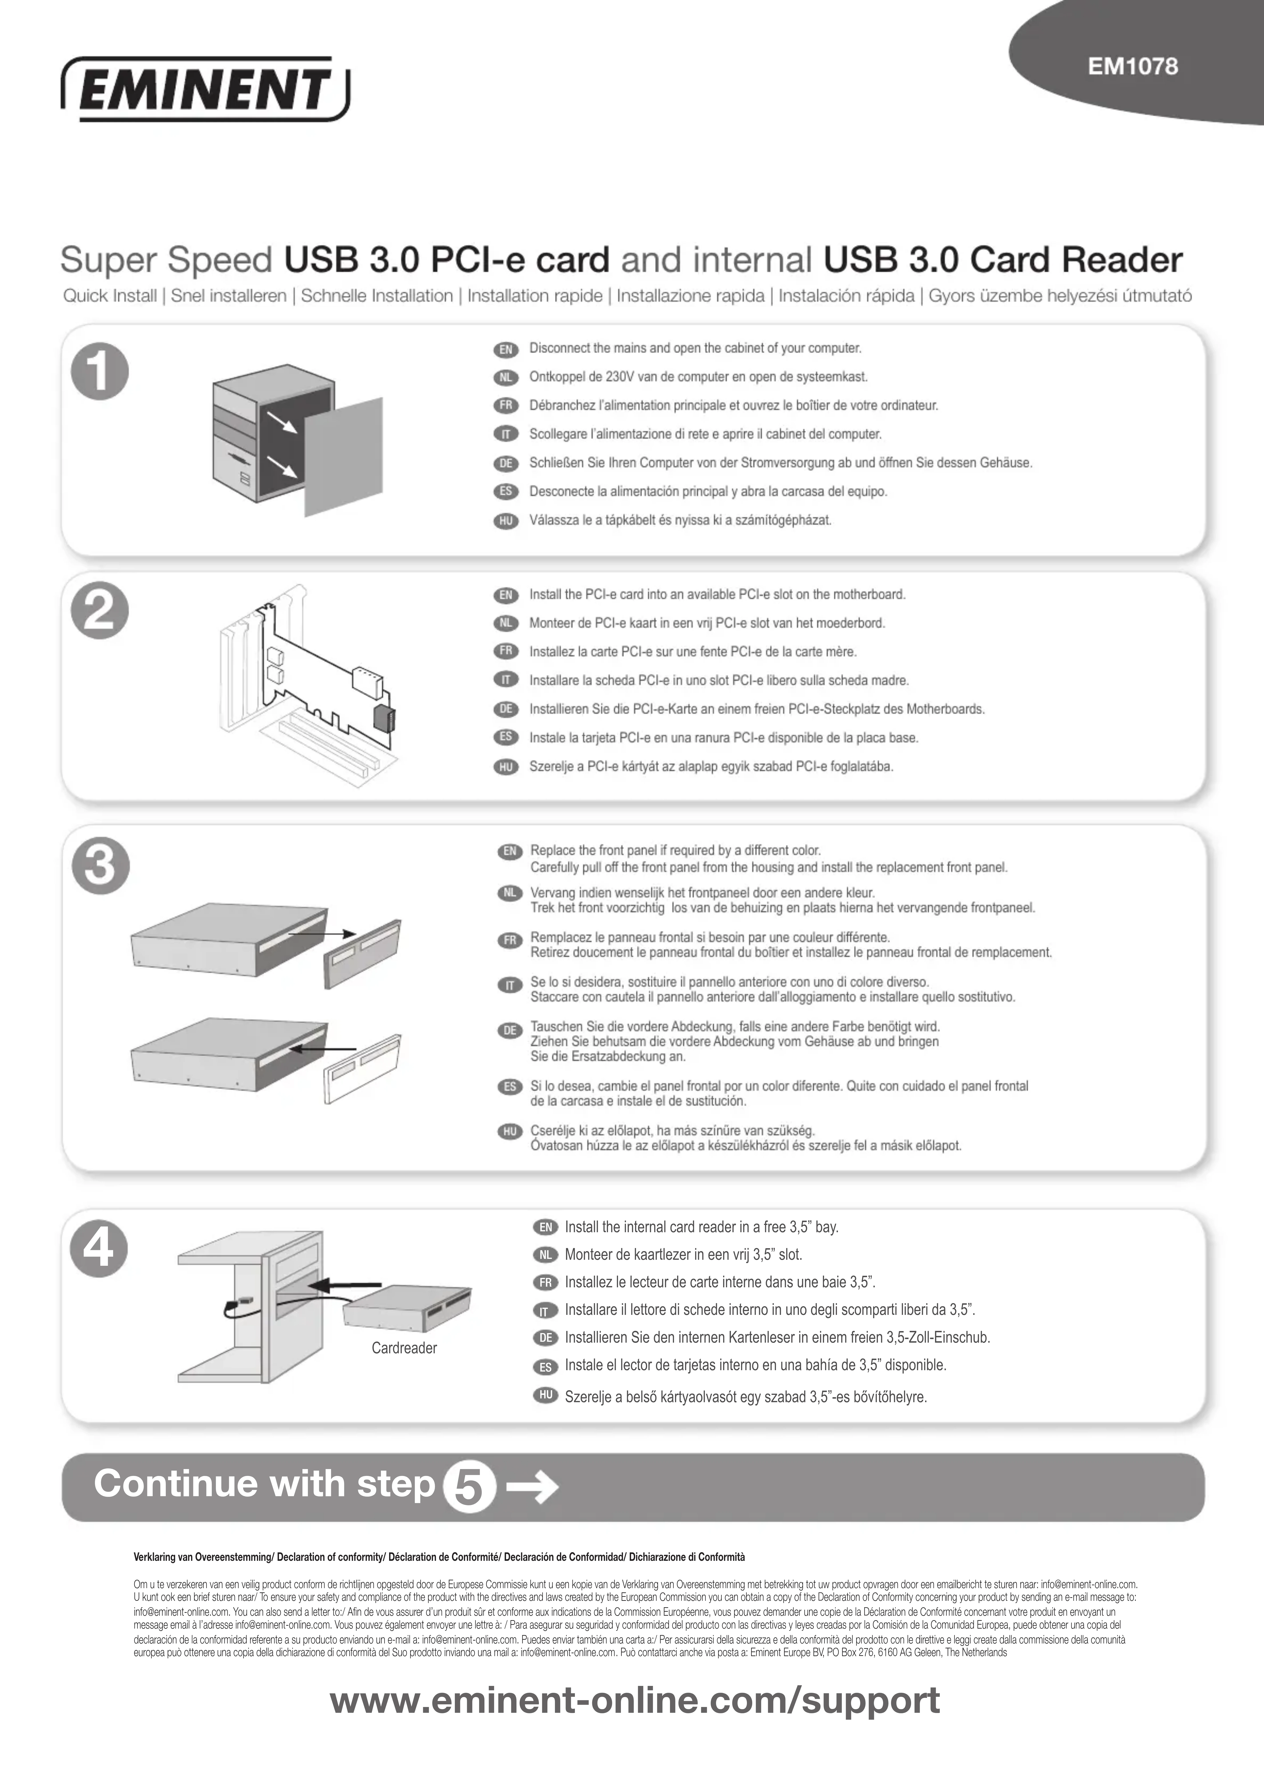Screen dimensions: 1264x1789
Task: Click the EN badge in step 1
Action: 506,349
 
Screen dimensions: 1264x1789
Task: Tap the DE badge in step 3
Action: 510,1030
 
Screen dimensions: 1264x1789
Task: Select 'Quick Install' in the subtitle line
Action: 110,296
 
